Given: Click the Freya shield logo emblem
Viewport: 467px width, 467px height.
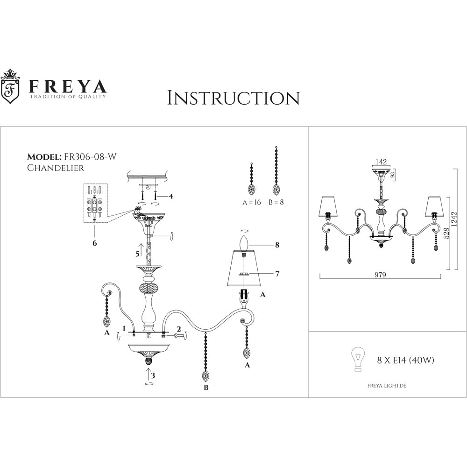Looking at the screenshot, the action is pos(11,88).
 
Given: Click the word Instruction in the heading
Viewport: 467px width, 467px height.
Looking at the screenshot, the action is pos(233,98).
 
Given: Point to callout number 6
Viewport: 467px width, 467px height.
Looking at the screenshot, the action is pos(95,243).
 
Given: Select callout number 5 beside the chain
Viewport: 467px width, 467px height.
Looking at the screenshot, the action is pos(137,255).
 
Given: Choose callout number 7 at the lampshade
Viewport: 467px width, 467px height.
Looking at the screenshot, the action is pos(277,274).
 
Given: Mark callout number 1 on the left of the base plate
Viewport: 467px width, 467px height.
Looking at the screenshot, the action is pos(124,328).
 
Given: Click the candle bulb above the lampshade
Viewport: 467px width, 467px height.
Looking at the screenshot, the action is pos(242,244).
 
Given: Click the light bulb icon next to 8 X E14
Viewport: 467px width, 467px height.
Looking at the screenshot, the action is pos(358,360).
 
